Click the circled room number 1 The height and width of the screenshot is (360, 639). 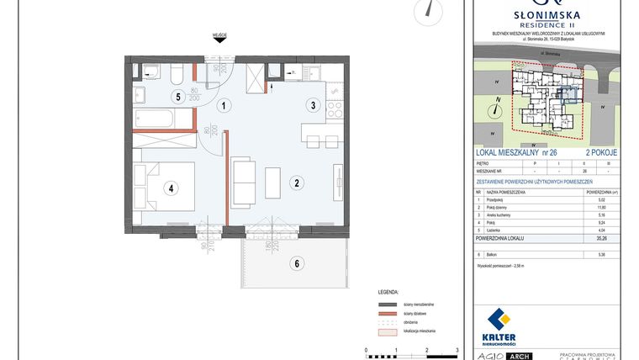point(224,106)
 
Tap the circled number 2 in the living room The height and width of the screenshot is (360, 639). point(297,182)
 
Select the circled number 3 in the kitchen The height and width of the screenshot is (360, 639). point(312,106)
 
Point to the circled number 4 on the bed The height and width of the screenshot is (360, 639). point(171,188)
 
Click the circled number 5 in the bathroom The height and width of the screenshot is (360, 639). point(177,97)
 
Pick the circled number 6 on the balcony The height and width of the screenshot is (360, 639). point(296,263)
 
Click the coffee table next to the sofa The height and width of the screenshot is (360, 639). point(272,183)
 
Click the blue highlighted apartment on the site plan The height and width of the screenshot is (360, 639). point(569,94)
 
